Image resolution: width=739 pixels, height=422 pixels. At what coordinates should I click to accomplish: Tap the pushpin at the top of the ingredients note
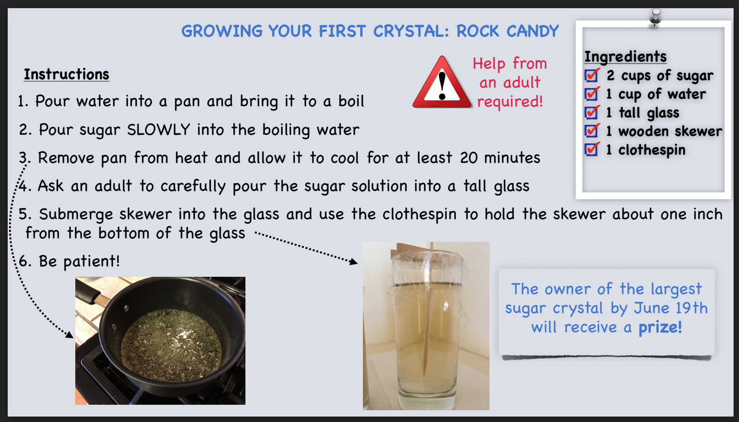coord(655,17)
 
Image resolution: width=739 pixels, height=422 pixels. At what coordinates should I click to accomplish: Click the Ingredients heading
coord(626,56)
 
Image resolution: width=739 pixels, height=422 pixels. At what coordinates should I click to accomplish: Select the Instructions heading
coord(66,74)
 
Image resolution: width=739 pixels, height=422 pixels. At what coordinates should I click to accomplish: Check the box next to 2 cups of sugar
coord(592,75)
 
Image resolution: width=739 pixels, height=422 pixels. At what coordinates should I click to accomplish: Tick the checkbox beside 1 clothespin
coord(592,149)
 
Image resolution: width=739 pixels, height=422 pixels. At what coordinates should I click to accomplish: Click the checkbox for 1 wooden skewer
coord(592,131)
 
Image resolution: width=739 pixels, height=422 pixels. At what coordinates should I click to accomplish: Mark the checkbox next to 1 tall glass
coord(592,113)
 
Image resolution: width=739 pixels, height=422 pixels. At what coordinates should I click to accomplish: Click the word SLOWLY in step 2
coord(159,130)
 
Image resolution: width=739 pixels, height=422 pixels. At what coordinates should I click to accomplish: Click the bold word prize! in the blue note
coord(660,328)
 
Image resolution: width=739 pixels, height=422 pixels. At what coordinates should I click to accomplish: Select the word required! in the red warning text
coord(510,102)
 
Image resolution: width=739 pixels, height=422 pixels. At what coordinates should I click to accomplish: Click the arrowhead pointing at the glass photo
coord(354,262)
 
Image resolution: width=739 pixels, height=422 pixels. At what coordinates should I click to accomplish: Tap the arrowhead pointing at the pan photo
coord(69,334)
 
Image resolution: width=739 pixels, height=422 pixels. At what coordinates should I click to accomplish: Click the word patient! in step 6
coord(91,261)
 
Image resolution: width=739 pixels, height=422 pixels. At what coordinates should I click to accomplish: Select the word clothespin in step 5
coord(419,215)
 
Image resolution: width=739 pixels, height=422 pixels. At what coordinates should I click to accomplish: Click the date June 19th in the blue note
coord(671,308)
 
